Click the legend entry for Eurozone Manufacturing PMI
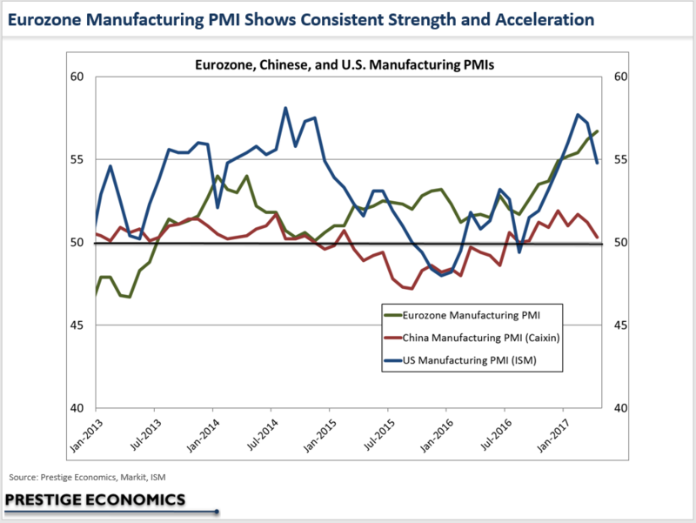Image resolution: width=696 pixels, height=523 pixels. (x=462, y=315)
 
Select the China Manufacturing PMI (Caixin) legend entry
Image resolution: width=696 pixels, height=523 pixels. (x=472, y=338)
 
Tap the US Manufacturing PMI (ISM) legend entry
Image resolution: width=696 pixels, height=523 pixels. (x=460, y=360)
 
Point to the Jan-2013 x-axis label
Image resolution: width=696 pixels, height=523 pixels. (x=86, y=435)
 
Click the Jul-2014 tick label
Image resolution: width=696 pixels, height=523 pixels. (x=262, y=435)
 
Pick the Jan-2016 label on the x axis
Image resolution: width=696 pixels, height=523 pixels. (x=437, y=435)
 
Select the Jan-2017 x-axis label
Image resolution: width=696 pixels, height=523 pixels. (x=553, y=435)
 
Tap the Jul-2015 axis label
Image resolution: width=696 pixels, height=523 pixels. (x=378, y=435)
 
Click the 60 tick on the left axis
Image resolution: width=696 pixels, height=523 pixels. (x=77, y=77)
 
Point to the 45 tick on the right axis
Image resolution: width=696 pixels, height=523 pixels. (x=620, y=325)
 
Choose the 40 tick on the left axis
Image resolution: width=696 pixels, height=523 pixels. (x=77, y=408)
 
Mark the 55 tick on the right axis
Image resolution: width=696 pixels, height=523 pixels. (x=620, y=159)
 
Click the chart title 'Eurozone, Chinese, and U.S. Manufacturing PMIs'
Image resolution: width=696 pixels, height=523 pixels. (x=345, y=64)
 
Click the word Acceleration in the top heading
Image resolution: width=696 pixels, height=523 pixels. (x=545, y=19)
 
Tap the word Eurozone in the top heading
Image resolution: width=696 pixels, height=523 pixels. (x=45, y=19)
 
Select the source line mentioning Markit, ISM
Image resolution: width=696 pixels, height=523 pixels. (x=87, y=477)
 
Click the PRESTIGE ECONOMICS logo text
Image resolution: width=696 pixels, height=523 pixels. (x=95, y=500)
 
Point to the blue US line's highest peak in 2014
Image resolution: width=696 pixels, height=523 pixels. (x=285, y=108)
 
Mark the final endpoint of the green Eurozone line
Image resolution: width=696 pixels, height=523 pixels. (x=598, y=131)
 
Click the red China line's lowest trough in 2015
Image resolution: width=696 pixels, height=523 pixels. (x=412, y=289)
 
